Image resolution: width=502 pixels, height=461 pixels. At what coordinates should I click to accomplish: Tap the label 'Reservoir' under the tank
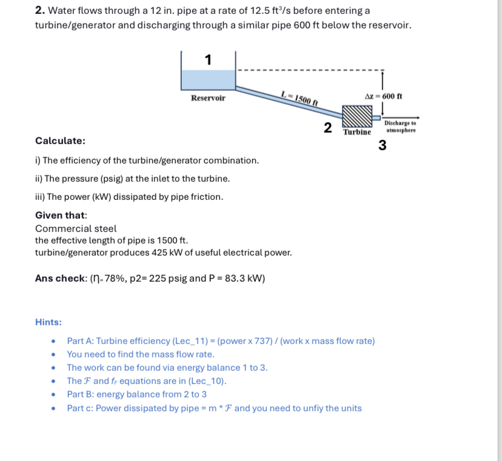click(208, 98)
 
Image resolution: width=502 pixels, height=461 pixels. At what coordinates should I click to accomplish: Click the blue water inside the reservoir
click(208, 79)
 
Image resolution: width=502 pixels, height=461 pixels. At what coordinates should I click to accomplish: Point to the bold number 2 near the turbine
click(327, 128)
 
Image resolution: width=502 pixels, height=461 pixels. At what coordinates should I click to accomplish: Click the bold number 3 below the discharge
click(382, 145)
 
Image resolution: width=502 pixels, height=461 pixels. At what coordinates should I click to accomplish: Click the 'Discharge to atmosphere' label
click(400, 126)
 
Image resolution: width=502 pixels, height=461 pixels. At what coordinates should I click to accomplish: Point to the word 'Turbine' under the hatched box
click(356, 132)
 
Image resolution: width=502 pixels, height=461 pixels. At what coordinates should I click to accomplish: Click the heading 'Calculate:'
click(60, 141)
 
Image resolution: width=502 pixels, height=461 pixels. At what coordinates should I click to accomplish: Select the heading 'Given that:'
click(61, 216)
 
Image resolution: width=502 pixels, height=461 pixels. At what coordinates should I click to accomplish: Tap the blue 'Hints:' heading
click(48, 322)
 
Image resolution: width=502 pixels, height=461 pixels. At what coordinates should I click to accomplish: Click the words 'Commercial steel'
click(76, 228)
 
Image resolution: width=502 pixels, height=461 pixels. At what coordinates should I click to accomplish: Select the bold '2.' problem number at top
click(39, 11)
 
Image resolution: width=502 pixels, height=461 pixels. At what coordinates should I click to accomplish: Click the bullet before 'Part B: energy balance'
click(55, 395)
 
